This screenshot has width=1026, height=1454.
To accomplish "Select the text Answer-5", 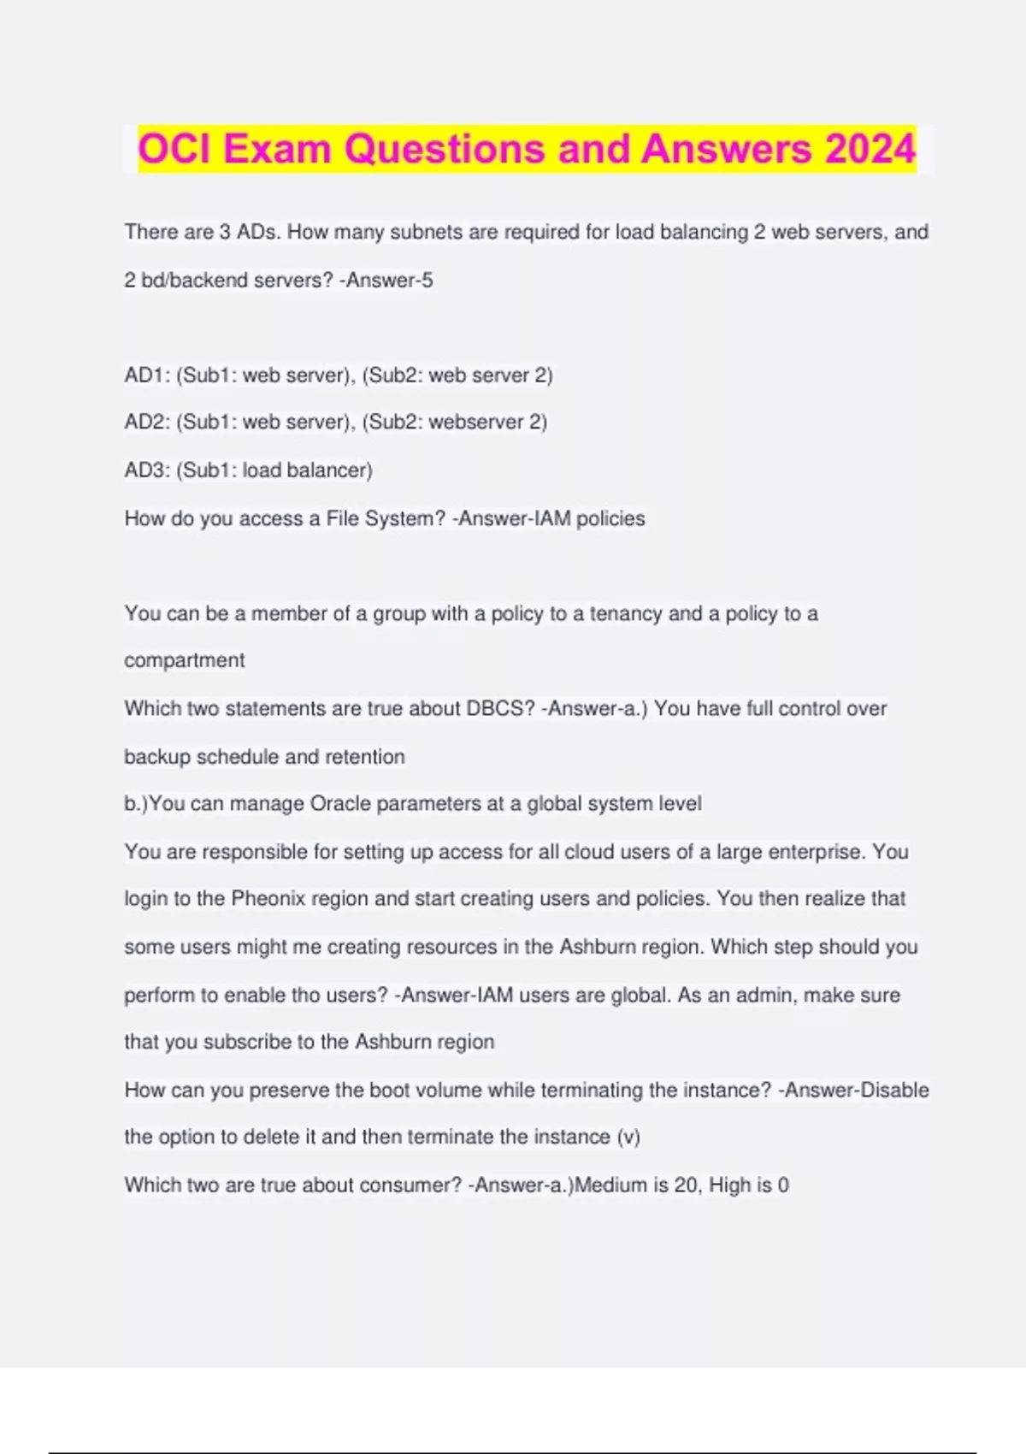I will [x=389, y=280].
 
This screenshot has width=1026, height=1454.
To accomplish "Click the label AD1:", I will [x=147, y=375].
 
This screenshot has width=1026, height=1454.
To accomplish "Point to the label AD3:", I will [x=147, y=470].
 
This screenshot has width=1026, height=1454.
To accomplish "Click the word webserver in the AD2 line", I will [x=475, y=423].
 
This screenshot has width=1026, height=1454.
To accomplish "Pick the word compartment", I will [x=185, y=660].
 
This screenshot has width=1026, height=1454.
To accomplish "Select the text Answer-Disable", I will [x=857, y=1090].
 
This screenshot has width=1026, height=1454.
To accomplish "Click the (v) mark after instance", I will [x=628, y=1137].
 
